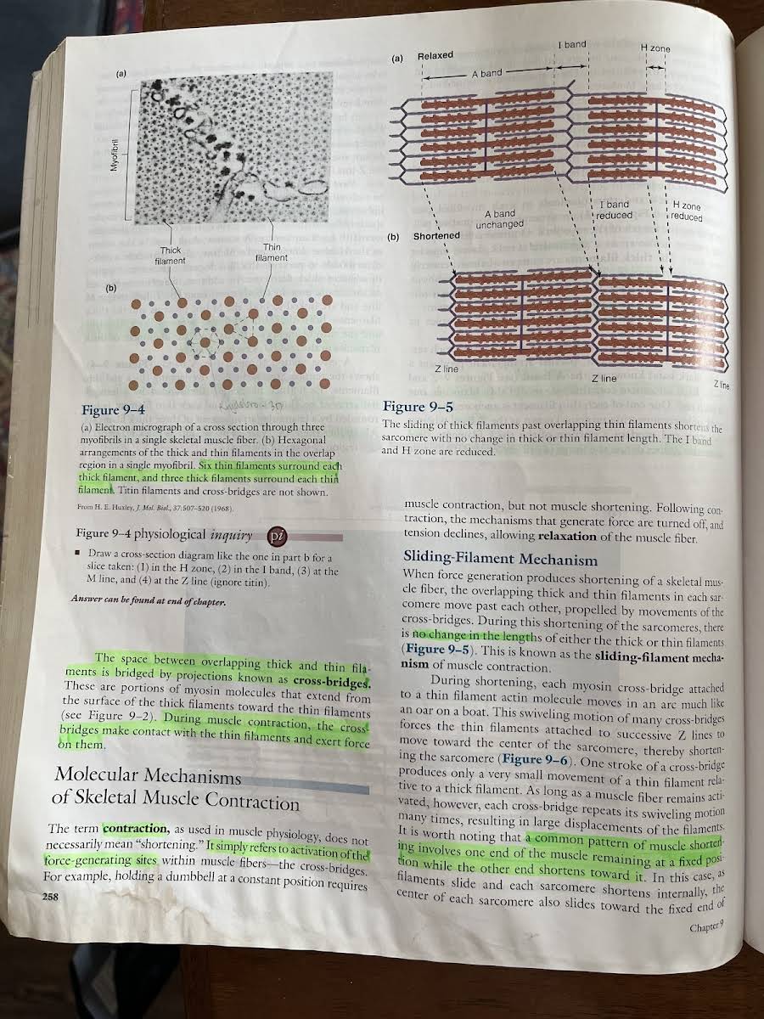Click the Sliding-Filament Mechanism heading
(x=500, y=560)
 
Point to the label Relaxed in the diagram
(x=435, y=56)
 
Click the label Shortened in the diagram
(x=436, y=236)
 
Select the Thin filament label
(x=272, y=252)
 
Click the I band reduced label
(x=614, y=210)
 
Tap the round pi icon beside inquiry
(x=277, y=536)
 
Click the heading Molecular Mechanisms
(x=148, y=775)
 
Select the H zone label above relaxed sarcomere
(x=654, y=48)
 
